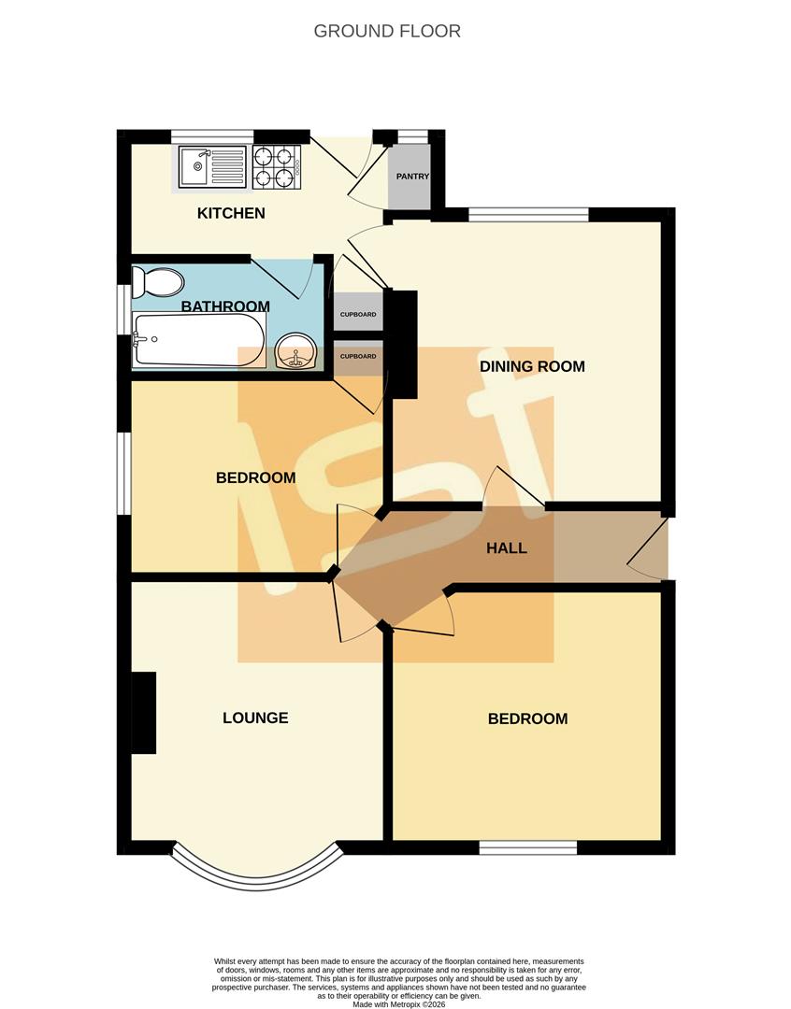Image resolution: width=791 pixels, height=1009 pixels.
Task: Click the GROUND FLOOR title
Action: click(387, 31)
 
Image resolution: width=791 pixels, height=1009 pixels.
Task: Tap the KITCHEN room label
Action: click(231, 213)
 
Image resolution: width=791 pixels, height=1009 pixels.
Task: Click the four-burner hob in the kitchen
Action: click(276, 168)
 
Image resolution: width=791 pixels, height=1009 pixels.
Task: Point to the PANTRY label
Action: click(412, 177)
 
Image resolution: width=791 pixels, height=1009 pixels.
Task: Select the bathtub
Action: click(198, 338)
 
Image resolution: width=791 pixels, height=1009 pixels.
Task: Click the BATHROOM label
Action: click(225, 306)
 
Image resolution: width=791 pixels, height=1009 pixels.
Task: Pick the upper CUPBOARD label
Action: click(358, 315)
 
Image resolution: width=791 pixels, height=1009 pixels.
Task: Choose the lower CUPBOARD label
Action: click(358, 357)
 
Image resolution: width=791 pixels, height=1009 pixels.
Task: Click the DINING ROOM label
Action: click(532, 366)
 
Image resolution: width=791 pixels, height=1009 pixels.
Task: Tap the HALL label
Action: click(506, 548)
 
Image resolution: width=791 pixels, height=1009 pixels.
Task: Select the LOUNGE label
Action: click(255, 718)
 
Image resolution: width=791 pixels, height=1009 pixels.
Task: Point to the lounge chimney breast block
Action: click(143, 712)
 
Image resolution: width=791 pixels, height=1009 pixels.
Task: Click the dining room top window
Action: click(528, 214)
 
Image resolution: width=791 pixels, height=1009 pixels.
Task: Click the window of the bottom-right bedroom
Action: click(528, 847)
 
